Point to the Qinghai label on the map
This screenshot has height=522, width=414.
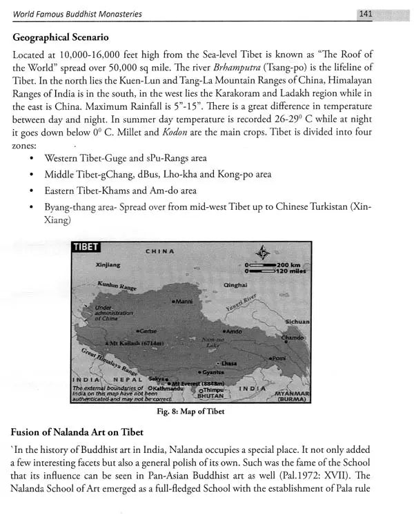[x=236, y=284]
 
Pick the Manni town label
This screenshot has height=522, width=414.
[x=183, y=302]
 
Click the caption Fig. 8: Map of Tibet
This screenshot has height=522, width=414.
[x=190, y=412]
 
